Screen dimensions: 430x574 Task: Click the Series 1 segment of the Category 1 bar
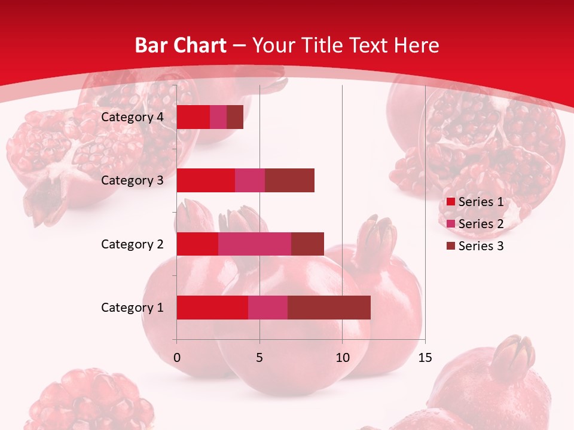212,308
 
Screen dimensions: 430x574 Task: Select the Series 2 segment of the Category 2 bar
255,244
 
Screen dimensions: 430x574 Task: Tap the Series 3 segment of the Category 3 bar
289,180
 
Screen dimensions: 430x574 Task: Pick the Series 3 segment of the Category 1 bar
329,308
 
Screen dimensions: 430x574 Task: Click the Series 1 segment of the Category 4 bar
193,117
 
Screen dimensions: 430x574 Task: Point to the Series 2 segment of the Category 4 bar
218,117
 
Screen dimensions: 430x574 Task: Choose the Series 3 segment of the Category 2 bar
307,244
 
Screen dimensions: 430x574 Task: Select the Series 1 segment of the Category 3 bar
206,180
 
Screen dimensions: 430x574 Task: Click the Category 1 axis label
132,308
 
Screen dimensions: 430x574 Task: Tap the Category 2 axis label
132,244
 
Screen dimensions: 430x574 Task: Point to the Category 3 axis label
132,180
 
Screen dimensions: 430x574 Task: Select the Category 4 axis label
132,117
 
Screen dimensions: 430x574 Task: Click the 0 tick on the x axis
177,358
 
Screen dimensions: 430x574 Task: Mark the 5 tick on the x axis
259,358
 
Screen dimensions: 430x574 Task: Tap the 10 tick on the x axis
342,358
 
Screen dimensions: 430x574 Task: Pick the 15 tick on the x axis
425,358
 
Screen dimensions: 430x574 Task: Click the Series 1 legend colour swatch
451,202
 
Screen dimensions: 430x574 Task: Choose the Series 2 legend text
481,224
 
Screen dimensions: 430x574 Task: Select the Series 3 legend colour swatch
451,246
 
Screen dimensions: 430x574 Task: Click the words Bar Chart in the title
181,45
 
